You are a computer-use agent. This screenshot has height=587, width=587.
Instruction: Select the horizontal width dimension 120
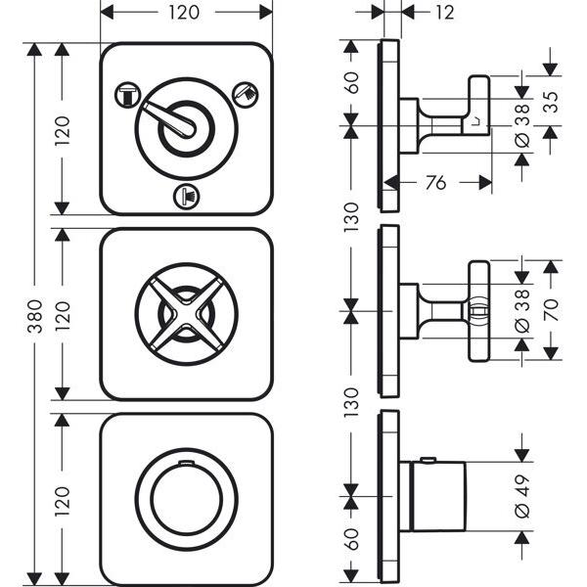pyautogui.click(x=187, y=13)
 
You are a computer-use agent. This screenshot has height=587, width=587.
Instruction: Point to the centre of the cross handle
pyautogui.click(x=186, y=315)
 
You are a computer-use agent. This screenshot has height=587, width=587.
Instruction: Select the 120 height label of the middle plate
pyautogui.click(x=62, y=315)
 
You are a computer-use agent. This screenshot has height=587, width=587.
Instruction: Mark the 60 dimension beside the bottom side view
pyautogui.click(x=351, y=539)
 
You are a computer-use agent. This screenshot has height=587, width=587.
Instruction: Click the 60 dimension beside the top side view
pyautogui.click(x=351, y=82)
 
